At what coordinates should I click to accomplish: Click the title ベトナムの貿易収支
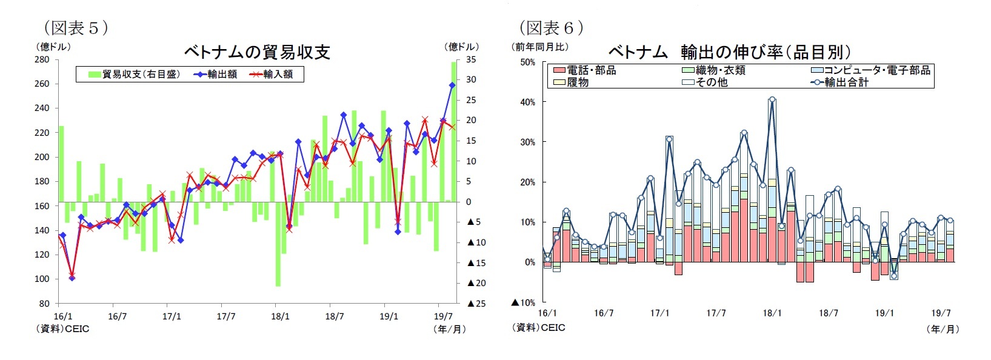[257, 53]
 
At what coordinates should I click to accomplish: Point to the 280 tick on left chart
[42, 59]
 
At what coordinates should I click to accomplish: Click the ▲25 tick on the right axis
[476, 304]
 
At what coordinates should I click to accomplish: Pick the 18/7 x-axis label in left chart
[334, 316]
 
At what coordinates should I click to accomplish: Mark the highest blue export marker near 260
[452, 85]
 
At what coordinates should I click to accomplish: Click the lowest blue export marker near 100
[72, 278]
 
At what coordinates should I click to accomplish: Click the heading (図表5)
[75, 28]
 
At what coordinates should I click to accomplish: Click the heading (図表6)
[550, 28]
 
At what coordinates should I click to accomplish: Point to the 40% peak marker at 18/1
[772, 99]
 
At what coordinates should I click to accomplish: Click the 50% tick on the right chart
[527, 62]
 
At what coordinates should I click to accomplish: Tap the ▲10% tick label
[523, 302]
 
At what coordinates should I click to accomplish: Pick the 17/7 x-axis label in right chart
[716, 313]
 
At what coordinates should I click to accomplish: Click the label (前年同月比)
[540, 47]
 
